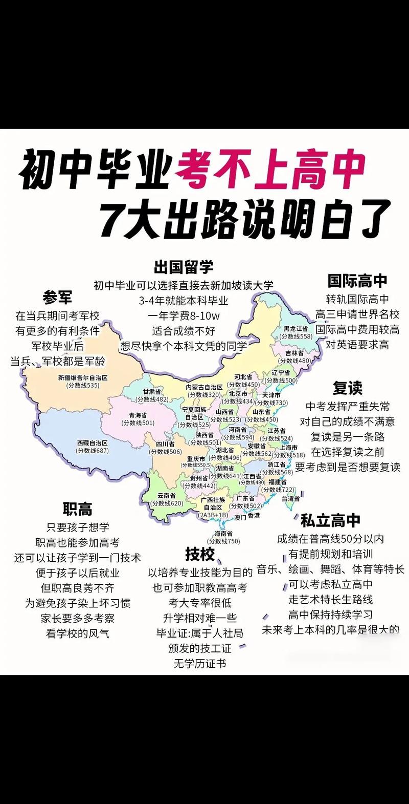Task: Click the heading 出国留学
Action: pos(184,267)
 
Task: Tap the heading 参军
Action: pos(57,297)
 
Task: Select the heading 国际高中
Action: pos(357,280)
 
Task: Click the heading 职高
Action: pos(78,509)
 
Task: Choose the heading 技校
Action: pos(200,554)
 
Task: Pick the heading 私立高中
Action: pos(330,521)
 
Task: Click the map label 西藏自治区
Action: pos(92,442)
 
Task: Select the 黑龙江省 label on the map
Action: pos(296,328)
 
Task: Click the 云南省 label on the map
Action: pos(166,496)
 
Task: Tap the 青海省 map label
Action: pos(138,415)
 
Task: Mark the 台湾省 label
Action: pos(290,498)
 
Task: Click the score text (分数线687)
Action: pos(92,450)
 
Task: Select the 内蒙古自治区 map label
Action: pos(204,387)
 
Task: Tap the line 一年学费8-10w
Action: pos(184,315)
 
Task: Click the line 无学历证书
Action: pos(199,664)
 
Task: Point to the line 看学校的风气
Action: pos(78,633)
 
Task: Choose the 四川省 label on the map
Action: pos(165,444)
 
